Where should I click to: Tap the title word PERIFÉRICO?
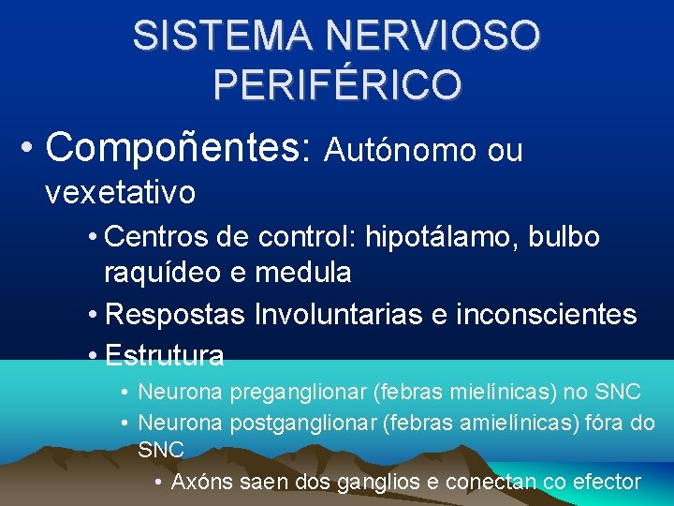pyautogui.click(x=336, y=84)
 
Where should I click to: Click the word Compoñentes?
pyautogui.click(x=178, y=146)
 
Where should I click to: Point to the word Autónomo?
pyautogui.click(x=400, y=150)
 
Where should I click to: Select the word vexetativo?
pyautogui.click(x=120, y=193)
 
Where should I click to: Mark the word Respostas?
pyautogui.click(x=176, y=315)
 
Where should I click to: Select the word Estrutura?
pyautogui.click(x=165, y=356)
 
